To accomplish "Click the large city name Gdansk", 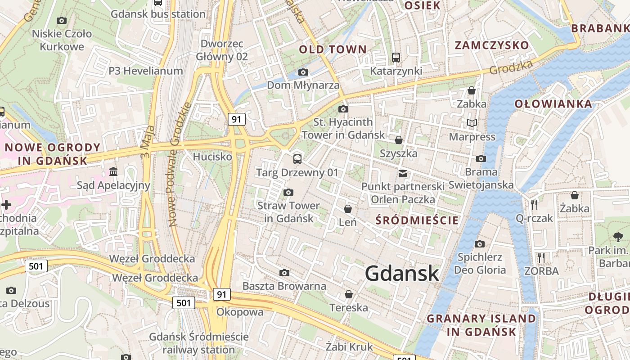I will [402, 273].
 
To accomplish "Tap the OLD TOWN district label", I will [333, 49].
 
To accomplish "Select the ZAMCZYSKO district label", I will [492, 45].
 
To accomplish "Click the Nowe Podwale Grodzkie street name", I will [180, 164].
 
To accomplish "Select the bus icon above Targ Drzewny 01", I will [297, 159].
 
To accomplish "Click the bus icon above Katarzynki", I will [396, 58].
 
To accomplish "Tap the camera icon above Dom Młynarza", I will [303, 72].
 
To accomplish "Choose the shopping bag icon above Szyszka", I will [398, 140].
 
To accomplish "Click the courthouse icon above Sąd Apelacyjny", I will [113, 172].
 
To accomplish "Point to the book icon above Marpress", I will [472, 123].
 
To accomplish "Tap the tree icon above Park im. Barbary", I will [618, 237].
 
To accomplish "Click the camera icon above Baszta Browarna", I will [284, 273].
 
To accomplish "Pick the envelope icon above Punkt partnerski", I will [402, 173].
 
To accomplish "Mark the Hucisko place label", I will [212, 157].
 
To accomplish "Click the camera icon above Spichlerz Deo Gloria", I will [480, 244].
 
